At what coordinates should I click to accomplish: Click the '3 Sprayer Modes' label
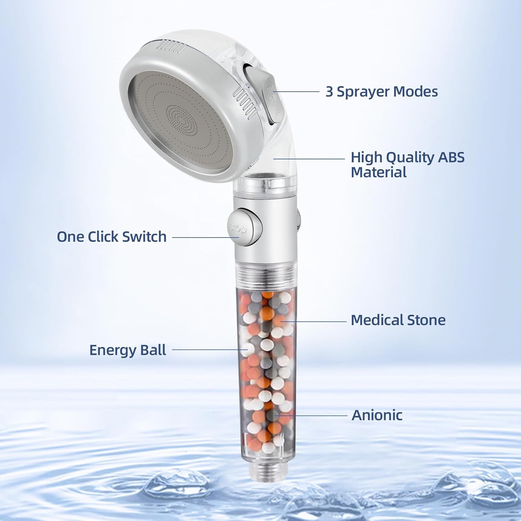point(381,92)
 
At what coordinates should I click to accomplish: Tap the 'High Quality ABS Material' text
point(407,165)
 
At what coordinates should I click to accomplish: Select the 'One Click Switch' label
point(111,237)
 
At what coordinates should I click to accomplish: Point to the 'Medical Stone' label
point(398,320)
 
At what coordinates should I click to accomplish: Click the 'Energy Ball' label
point(127,350)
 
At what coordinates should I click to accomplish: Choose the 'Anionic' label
point(377,415)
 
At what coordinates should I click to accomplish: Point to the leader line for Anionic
point(313,415)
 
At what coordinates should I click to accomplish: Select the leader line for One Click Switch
point(205,238)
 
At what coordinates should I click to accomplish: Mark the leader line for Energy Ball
point(208,350)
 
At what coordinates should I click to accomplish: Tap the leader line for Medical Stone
point(313,321)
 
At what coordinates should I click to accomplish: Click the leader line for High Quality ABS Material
point(309,159)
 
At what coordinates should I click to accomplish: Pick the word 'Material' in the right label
point(378,172)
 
